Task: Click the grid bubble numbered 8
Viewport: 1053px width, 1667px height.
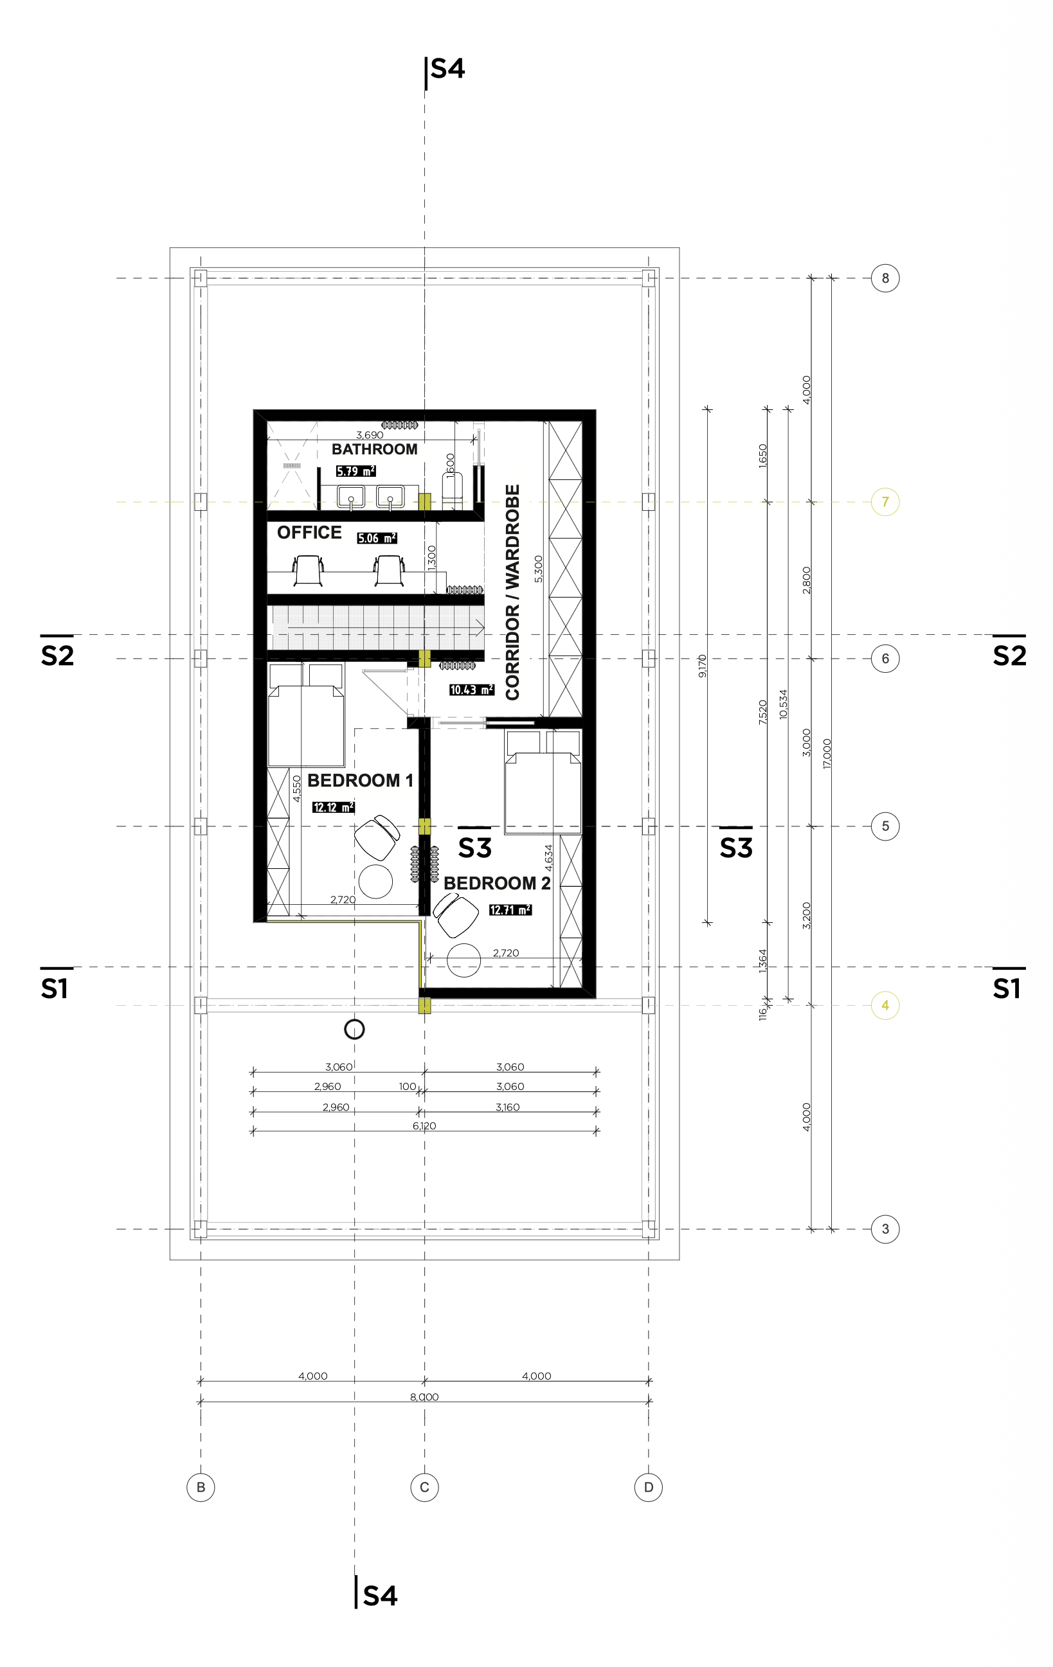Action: point(885,278)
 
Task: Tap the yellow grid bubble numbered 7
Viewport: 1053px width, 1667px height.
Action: point(885,502)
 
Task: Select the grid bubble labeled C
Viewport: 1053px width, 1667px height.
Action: point(424,1487)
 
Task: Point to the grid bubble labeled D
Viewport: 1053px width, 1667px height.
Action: point(649,1487)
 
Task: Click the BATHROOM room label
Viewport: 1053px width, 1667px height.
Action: point(375,449)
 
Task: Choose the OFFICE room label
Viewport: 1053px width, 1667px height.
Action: point(309,532)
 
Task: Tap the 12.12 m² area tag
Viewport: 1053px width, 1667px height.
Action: point(334,807)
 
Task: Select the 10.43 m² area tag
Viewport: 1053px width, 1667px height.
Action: point(471,690)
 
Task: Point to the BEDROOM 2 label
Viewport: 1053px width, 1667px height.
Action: point(497,884)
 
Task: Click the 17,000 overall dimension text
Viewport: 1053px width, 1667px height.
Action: point(827,754)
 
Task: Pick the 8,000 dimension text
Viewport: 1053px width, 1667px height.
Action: point(424,1397)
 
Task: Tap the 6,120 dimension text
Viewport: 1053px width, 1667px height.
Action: point(424,1127)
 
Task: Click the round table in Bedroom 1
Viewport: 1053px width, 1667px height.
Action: point(376,881)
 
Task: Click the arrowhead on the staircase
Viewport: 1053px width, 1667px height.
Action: point(479,628)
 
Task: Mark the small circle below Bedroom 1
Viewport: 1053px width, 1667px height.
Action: point(354,1030)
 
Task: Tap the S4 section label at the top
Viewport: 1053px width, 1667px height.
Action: point(448,69)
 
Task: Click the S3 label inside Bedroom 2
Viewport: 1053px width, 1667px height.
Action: point(475,848)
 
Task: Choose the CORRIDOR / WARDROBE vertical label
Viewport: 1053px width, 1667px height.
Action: point(512,592)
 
